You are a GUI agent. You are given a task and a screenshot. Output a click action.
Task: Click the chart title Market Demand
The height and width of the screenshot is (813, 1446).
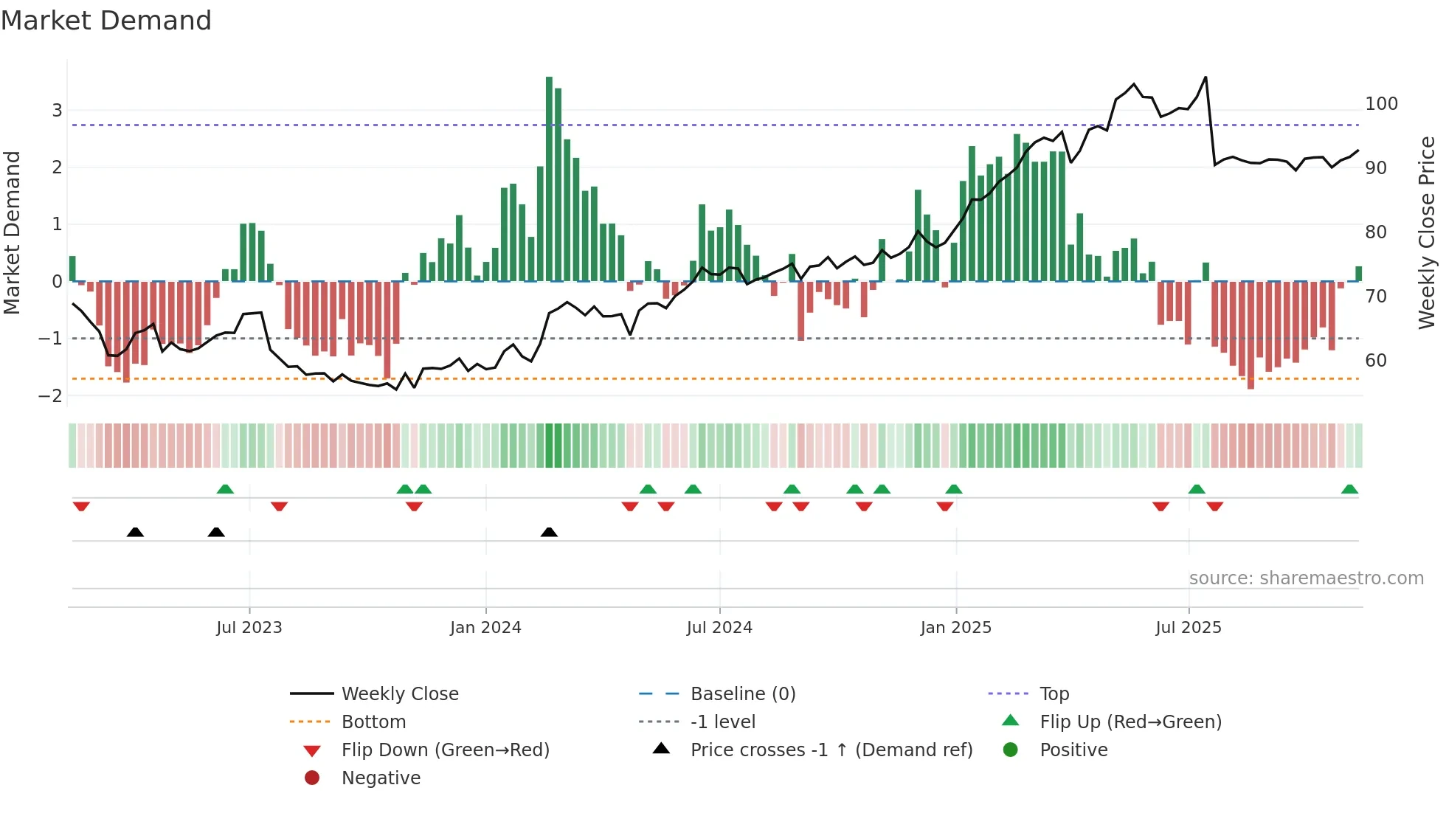pyautogui.click(x=106, y=21)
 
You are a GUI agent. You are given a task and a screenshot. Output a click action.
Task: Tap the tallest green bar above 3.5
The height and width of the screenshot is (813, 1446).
pyautogui.click(x=549, y=177)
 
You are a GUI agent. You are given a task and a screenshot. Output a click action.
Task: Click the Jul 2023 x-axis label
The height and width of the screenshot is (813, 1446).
pyautogui.click(x=249, y=627)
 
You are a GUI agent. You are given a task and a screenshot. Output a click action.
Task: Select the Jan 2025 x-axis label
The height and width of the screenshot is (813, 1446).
pyautogui.click(x=956, y=627)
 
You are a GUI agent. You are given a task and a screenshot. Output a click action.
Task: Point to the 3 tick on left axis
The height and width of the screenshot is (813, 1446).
pyautogui.click(x=57, y=111)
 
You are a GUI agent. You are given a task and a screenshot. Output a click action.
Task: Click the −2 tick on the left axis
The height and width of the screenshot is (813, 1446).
pyautogui.click(x=51, y=395)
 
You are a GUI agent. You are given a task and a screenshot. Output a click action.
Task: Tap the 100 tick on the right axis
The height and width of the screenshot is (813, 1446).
pyautogui.click(x=1381, y=104)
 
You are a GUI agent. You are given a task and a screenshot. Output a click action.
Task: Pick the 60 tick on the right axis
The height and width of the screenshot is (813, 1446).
pyautogui.click(x=1376, y=361)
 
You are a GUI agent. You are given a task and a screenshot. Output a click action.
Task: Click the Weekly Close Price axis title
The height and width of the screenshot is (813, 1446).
pyautogui.click(x=1427, y=232)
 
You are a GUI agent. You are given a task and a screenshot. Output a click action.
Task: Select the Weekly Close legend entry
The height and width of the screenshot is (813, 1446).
pyautogui.click(x=399, y=693)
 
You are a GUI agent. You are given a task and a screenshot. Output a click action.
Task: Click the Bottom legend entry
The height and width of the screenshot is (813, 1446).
pyautogui.click(x=373, y=722)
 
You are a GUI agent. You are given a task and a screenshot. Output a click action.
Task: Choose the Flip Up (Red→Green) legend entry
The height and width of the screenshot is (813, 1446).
pyautogui.click(x=1130, y=722)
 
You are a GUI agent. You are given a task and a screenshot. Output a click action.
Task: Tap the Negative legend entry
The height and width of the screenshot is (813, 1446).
pyautogui.click(x=381, y=778)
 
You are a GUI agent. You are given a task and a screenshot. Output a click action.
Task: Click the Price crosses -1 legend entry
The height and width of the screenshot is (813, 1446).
pyautogui.click(x=831, y=750)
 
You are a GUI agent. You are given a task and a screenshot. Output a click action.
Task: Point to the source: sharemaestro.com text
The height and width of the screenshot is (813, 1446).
pyautogui.click(x=1306, y=578)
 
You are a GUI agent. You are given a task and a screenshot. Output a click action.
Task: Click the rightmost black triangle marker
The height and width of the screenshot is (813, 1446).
pyautogui.click(x=549, y=532)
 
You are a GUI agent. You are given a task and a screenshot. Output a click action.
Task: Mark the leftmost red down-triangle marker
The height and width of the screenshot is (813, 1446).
pyautogui.click(x=81, y=506)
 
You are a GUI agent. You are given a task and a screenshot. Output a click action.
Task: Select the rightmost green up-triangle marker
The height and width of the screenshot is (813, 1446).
pyautogui.click(x=1349, y=489)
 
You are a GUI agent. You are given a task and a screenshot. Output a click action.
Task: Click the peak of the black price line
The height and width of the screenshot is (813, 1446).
pyautogui.click(x=1205, y=77)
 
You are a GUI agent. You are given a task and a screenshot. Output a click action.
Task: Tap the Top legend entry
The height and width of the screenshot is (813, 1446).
pyautogui.click(x=1054, y=693)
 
